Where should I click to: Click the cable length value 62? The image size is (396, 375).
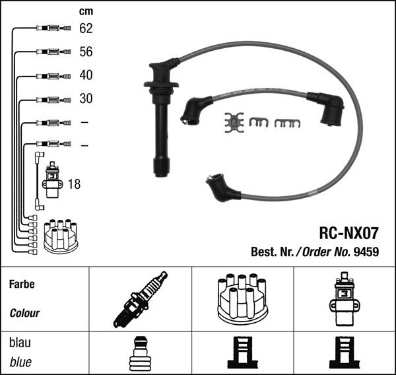pos(86,28)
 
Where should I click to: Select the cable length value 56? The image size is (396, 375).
pos(86,51)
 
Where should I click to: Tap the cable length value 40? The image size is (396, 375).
pos(86,75)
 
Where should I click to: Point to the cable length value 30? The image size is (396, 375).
pos(86,98)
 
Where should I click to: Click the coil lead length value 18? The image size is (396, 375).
pos(74,184)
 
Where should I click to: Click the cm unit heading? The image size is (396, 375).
pos(86,12)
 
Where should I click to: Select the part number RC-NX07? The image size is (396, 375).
pos(348,233)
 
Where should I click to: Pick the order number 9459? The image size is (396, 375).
pos(366,252)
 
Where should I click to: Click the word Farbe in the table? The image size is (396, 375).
pos(22,285)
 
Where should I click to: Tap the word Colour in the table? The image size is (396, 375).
pos(24,314)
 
